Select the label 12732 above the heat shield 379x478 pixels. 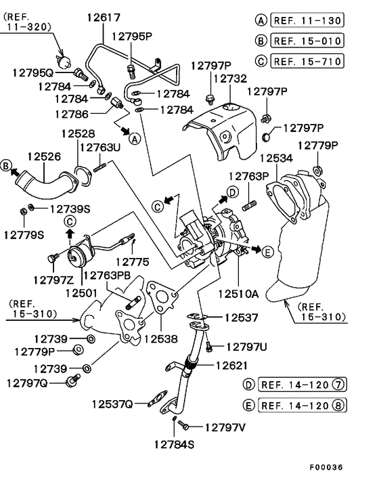coord(229,79)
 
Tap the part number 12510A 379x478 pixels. coord(238,295)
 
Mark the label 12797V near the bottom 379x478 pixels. coord(225,427)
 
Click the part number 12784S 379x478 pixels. coord(174,445)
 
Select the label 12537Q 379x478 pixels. coord(113,404)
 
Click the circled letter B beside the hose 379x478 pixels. coord(7,165)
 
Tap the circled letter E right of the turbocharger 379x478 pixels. coord(267,252)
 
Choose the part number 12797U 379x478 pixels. coord(246,347)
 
